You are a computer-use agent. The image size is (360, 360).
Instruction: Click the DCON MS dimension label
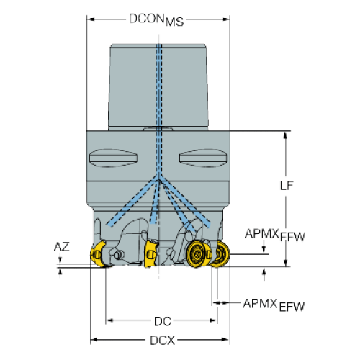156,19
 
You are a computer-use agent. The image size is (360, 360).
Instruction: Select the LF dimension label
287,185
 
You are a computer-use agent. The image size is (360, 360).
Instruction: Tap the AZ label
62,247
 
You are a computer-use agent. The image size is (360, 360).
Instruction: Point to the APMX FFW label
275,235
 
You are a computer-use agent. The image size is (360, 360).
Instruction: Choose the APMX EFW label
274,305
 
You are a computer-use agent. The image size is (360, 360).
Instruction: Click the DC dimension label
163,321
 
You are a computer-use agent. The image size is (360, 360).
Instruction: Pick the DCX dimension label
163,341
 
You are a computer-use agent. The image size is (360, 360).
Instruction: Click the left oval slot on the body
113,158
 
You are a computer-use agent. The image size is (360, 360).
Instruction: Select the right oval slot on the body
203,158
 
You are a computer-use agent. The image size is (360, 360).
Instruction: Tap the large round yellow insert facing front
197,254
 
